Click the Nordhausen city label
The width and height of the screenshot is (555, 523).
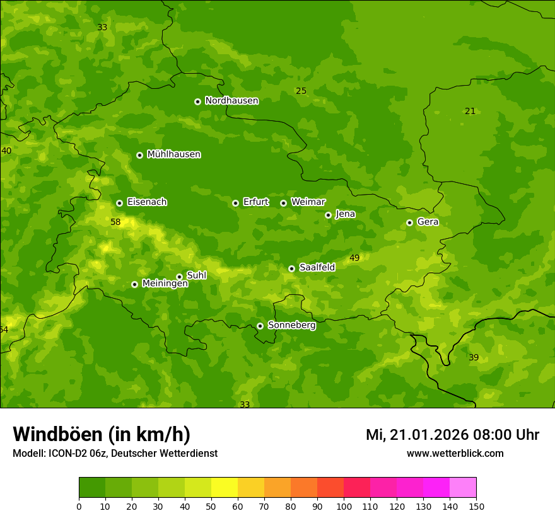click(x=231, y=101)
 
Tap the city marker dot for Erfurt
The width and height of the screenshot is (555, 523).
click(x=235, y=203)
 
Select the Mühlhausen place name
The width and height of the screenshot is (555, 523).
click(x=173, y=154)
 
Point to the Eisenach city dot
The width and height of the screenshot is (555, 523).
click(x=119, y=203)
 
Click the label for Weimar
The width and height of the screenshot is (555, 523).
click(x=308, y=202)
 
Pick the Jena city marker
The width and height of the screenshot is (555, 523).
click(x=328, y=215)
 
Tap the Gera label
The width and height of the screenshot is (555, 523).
click(x=428, y=222)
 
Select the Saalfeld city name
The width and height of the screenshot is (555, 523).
click(x=317, y=268)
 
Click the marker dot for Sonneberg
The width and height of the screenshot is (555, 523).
click(x=260, y=326)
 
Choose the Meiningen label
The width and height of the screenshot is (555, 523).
click(x=165, y=284)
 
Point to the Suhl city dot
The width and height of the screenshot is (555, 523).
click(x=179, y=277)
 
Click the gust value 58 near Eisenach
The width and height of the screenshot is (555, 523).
click(x=115, y=222)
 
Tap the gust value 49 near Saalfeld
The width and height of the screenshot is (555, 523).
click(x=354, y=258)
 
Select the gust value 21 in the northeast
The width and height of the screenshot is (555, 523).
click(x=470, y=112)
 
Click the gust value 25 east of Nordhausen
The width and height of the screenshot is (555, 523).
click(x=301, y=91)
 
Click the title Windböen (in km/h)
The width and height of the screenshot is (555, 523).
click(x=101, y=434)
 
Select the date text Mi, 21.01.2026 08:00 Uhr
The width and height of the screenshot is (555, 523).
click(x=452, y=435)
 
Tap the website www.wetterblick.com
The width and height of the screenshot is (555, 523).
click(x=455, y=454)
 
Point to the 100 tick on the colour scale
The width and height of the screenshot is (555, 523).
click(x=344, y=505)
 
